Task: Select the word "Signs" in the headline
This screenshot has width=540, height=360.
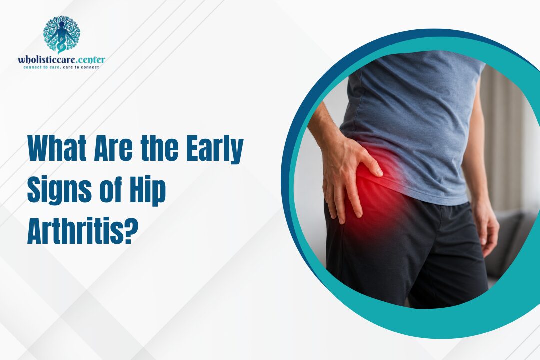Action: (x=59, y=190)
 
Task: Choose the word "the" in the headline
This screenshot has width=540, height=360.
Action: (x=160, y=149)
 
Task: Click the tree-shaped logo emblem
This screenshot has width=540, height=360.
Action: (x=61, y=34)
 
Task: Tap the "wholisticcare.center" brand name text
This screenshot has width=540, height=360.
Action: (x=61, y=60)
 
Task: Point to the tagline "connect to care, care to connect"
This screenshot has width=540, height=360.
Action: (x=61, y=67)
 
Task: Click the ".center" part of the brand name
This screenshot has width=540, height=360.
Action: (x=91, y=60)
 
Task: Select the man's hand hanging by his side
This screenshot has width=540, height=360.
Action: (x=486, y=227)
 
